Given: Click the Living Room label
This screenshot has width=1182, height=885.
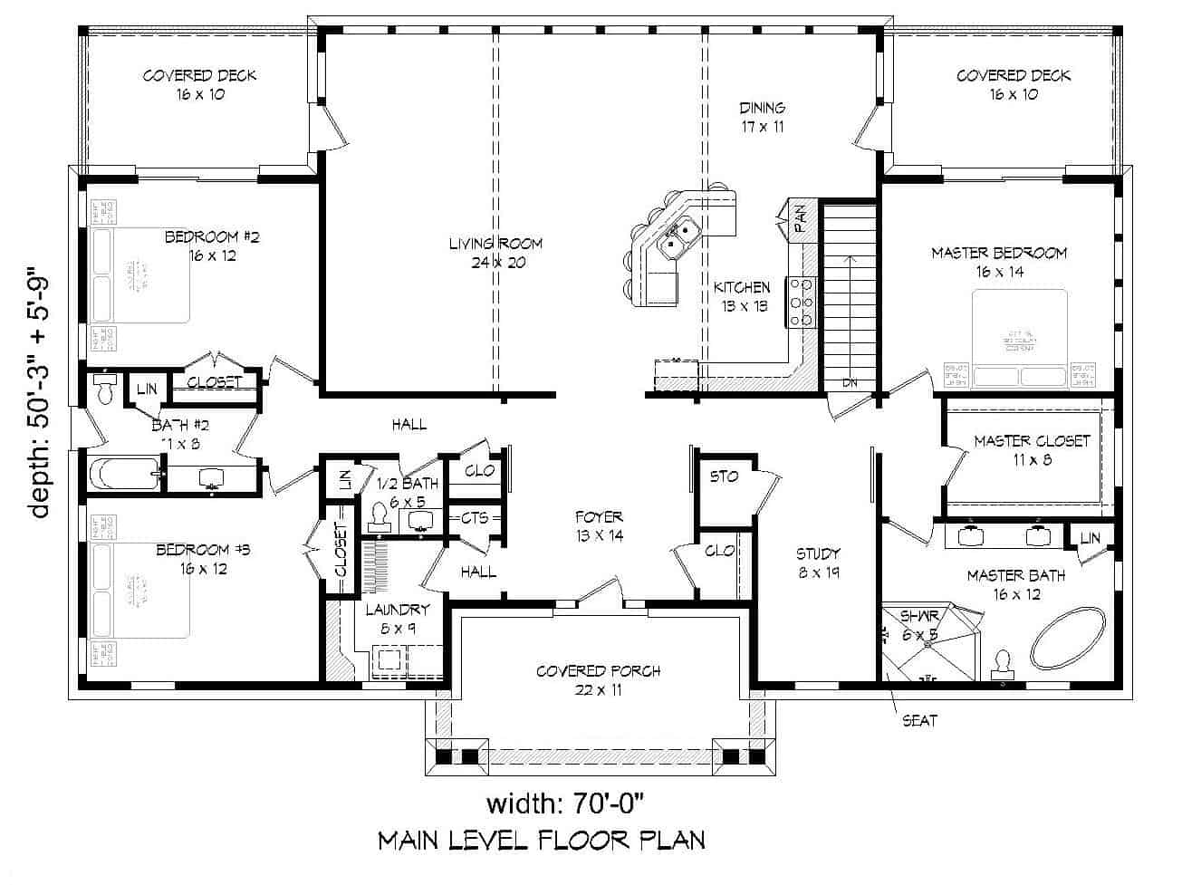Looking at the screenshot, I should [495, 253].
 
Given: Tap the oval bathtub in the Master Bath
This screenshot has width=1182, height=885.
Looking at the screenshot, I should [1070, 638].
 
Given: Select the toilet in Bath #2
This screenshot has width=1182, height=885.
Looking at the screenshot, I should [105, 390].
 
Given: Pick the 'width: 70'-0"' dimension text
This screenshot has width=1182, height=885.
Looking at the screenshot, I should [568, 803].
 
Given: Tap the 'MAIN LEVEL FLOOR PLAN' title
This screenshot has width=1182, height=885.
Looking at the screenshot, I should [542, 841].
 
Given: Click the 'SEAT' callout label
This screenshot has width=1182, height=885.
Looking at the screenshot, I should [919, 721].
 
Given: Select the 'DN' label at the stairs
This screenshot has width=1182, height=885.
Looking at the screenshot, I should [849, 383].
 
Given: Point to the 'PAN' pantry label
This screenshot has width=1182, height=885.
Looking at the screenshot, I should [801, 218].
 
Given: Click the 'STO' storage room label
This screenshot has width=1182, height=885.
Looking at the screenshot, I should [724, 476].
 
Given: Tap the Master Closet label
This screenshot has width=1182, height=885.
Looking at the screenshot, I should [1032, 450].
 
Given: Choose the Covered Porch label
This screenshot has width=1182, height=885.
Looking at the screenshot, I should [598, 680].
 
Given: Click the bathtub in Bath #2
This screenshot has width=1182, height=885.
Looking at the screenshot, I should [124, 473].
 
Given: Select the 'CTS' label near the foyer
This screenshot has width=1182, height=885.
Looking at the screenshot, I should [475, 518].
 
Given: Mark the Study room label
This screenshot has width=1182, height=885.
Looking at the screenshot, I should [818, 563].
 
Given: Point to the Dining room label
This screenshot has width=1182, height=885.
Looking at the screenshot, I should [762, 117].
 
